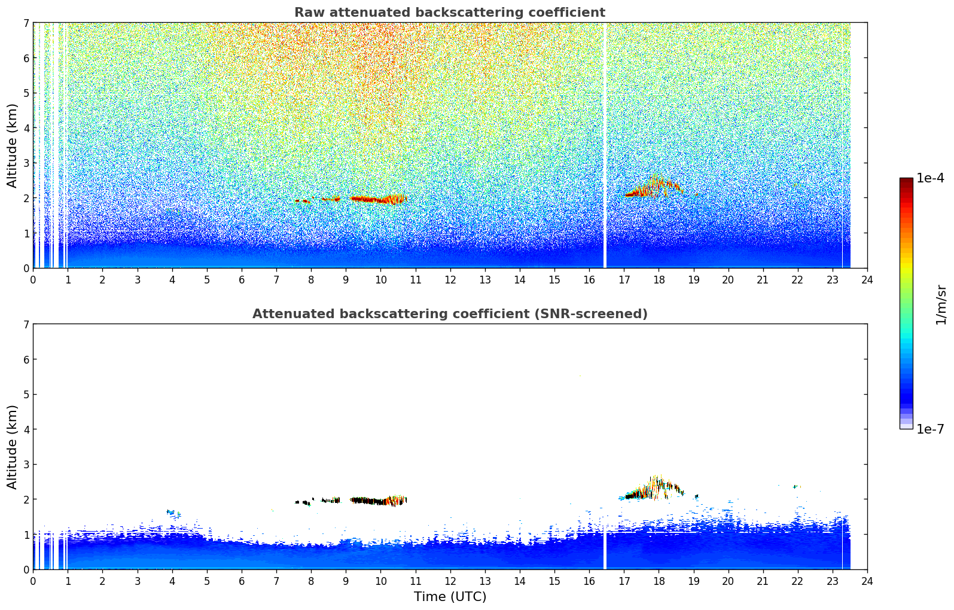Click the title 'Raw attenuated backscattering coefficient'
(449, 13)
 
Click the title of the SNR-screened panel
(449, 314)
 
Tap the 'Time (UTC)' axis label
(450, 597)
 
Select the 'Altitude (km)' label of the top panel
(13, 145)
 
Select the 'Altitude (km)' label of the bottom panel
(13, 447)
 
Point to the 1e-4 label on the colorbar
(930, 178)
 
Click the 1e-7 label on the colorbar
(930, 429)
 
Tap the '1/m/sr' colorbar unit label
(941, 304)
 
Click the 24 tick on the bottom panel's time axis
(867, 581)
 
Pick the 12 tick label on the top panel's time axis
(450, 280)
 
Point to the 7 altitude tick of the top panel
(26, 23)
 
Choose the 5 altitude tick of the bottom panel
(26, 394)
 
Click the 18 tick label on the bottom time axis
(659, 581)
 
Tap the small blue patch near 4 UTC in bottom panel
(173, 513)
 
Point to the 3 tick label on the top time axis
(137, 280)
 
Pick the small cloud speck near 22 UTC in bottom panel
(797, 486)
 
